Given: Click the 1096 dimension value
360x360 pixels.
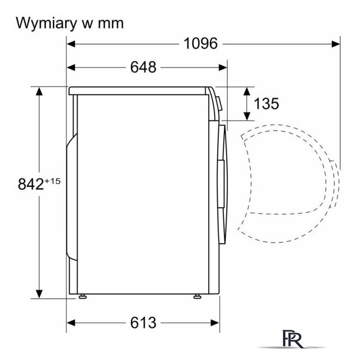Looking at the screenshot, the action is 200,43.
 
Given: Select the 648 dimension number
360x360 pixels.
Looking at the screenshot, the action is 143,67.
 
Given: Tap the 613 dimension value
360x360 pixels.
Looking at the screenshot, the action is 143,322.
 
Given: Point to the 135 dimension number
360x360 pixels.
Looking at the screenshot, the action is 266,103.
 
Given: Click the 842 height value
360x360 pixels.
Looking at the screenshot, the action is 31,184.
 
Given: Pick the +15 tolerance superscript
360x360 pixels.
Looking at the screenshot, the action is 52,181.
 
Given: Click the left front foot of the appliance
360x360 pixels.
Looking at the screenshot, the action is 83,296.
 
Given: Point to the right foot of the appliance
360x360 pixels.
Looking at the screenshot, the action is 197,296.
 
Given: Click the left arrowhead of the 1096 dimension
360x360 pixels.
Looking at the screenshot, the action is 71,44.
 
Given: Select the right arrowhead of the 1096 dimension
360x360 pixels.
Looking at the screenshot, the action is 336,44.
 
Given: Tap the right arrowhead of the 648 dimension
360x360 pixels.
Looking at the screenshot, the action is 223,67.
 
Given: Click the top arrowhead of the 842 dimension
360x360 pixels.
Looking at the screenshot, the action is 39,91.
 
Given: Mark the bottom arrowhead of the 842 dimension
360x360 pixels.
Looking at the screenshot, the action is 39,294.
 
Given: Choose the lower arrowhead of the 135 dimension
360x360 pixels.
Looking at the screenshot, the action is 247,116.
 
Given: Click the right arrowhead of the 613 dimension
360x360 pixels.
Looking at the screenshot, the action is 215,323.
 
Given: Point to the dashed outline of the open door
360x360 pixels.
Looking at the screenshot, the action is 289,184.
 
